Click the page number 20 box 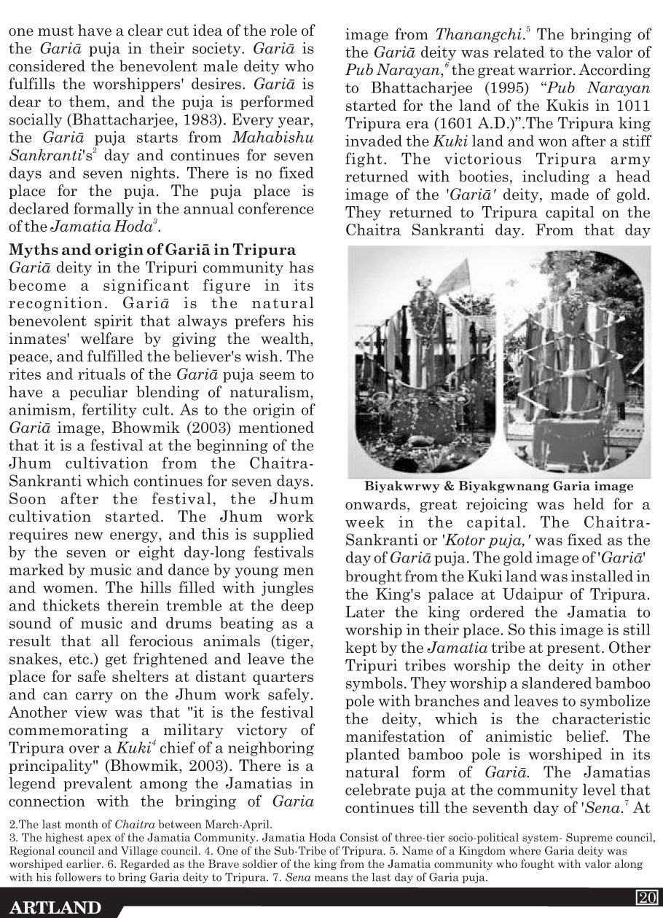(x=647, y=896)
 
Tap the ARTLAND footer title (x=55, y=907)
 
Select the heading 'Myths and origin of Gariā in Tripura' (x=152, y=251)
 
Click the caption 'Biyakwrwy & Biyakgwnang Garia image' (x=498, y=486)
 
